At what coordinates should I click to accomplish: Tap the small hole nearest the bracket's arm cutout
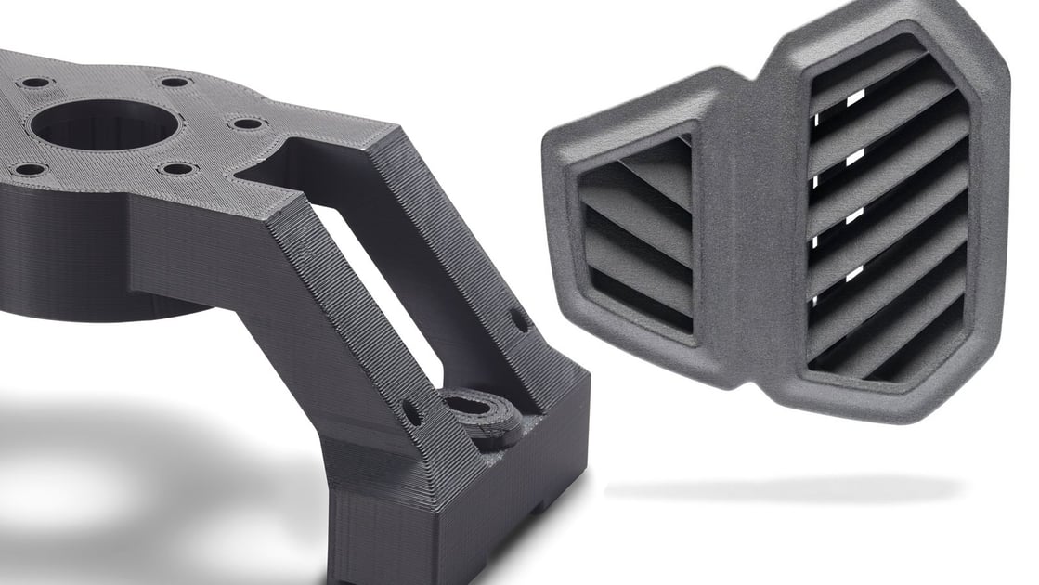(x=247, y=123)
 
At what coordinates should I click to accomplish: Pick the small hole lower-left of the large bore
(x=28, y=170)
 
